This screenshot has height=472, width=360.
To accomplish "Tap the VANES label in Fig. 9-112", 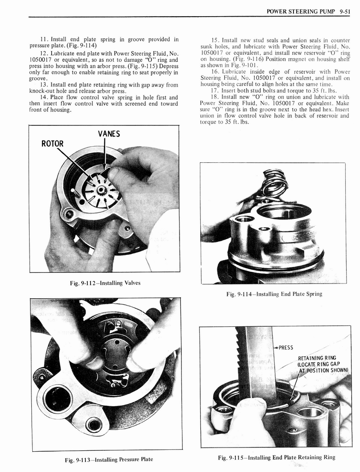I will tap(109, 134).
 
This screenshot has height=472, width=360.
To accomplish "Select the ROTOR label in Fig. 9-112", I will tap(52, 143).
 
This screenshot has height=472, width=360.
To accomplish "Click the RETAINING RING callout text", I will tap(317, 358).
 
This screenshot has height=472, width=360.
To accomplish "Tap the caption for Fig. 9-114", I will tap(274, 294).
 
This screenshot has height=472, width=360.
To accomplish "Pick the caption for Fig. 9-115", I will tap(276, 457).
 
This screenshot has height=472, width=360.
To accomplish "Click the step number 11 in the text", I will tap(43, 39).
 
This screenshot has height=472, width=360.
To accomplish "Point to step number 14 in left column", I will tap(43, 97).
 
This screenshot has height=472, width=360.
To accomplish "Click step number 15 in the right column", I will tap(215, 40).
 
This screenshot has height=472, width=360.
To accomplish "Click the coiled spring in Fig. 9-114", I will tap(274, 183).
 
